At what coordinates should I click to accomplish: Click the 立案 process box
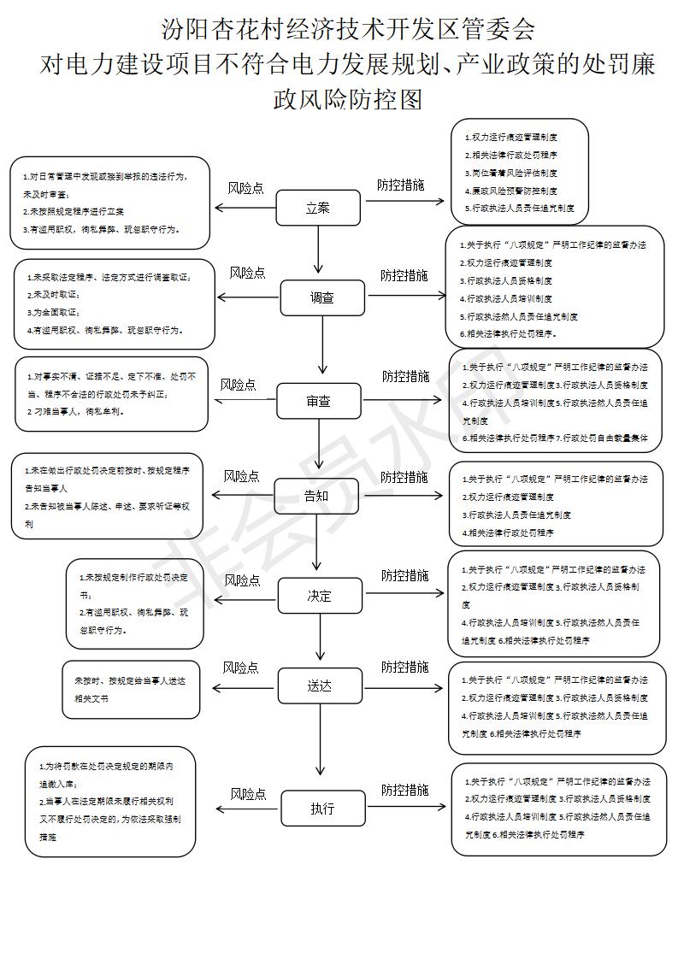click(x=318, y=208)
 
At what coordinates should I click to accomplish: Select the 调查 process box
click(x=321, y=297)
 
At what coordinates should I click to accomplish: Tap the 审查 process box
click(x=318, y=400)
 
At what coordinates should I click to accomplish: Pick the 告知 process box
click(x=316, y=496)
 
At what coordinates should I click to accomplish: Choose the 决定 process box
click(x=320, y=596)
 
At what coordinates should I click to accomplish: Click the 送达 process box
click(x=320, y=685)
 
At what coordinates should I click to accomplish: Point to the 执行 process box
click(x=322, y=809)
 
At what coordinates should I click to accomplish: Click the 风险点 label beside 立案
click(x=245, y=188)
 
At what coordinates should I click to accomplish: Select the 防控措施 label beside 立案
click(x=401, y=184)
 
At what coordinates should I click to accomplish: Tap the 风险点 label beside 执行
click(x=248, y=794)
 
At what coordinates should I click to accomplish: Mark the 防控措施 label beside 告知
click(x=404, y=476)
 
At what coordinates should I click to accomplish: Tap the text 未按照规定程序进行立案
click(x=77, y=211)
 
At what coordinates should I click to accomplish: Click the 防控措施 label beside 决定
click(x=404, y=575)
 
